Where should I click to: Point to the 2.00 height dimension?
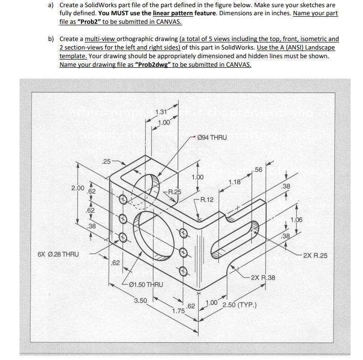point(78,188)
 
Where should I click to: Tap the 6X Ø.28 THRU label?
point(58,254)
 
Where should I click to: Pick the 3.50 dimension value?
point(141,300)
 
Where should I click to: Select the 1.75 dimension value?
point(178,311)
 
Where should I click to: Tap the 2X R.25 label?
point(315,256)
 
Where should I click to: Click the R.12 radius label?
point(207,199)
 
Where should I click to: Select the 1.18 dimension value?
point(234,182)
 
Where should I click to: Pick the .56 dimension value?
point(257,170)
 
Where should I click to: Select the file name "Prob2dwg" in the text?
point(152,64)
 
